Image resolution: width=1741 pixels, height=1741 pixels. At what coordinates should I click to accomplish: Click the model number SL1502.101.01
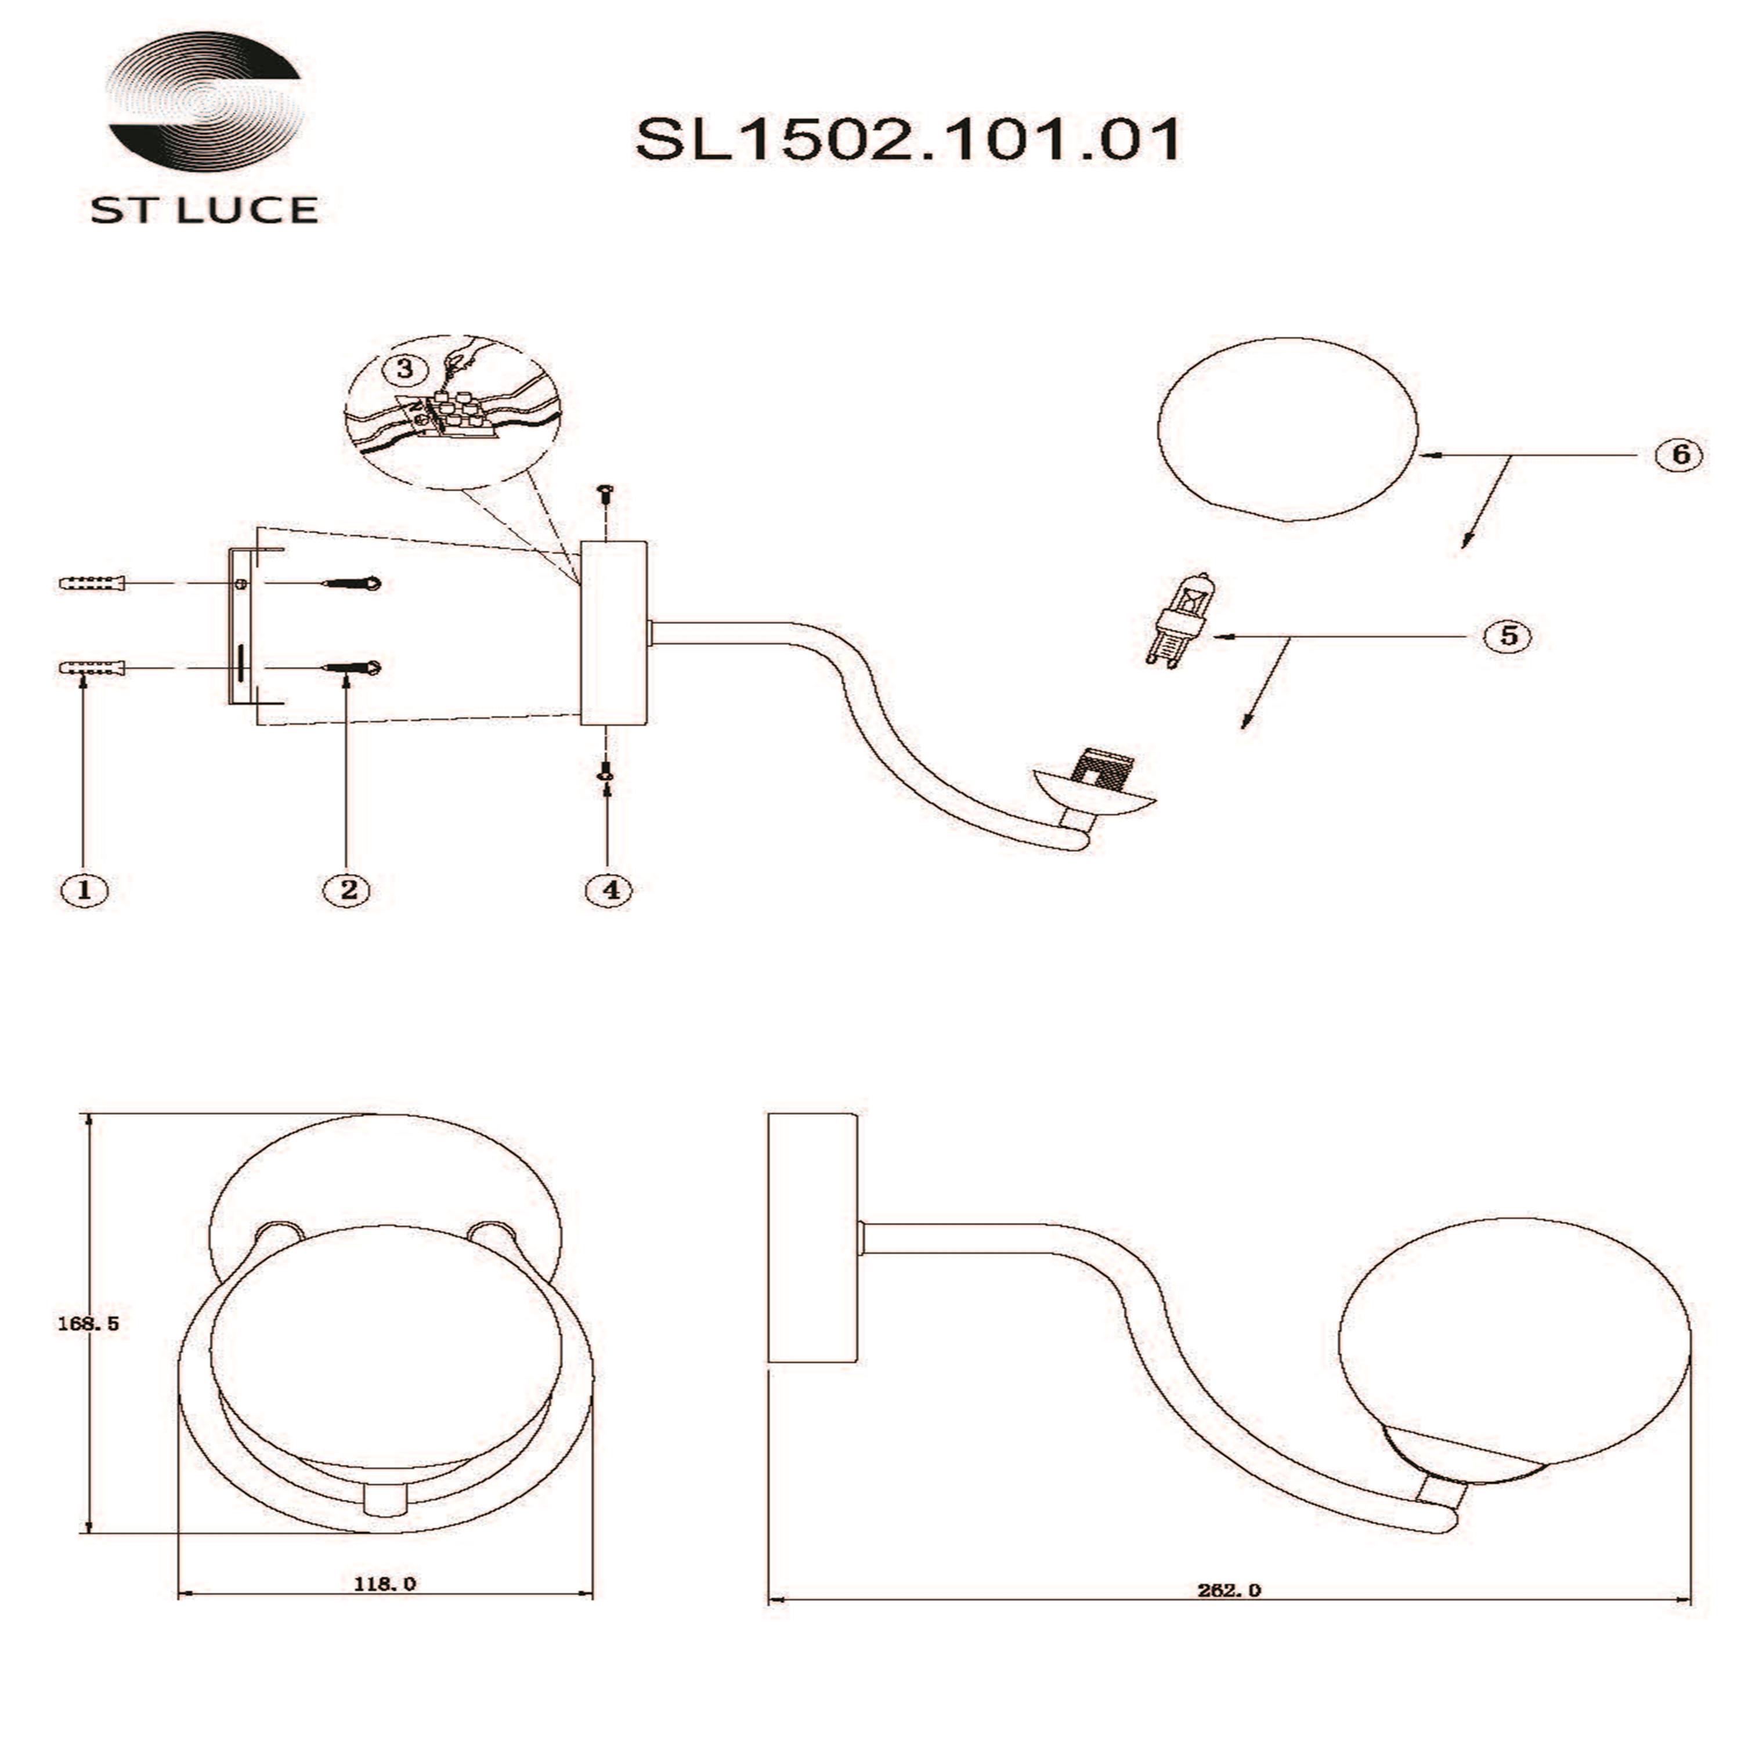pyautogui.click(x=908, y=140)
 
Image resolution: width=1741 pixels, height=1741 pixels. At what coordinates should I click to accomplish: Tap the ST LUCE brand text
pyautogui.click(x=204, y=210)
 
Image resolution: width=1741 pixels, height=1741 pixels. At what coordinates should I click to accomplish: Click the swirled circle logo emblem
pyautogui.click(x=204, y=99)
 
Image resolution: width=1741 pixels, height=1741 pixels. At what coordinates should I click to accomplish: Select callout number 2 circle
pyautogui.click(x=348, y=890)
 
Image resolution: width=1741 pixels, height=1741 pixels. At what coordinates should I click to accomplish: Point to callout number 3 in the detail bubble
pyautogui.click(x=404, y=369)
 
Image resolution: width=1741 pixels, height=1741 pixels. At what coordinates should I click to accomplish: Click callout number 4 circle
pyautogui.click(x=610, y=890)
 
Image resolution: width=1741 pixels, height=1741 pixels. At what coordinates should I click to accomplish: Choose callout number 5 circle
pyautogui.click(x=1508, y=636)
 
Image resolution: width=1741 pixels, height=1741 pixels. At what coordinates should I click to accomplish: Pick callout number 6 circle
pyautogui.click(x=1679, y=454)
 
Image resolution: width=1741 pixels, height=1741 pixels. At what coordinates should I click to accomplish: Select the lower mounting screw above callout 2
pyautogui.click(x=352, y=668)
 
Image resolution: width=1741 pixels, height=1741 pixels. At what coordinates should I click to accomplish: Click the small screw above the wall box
pyautogui.click(x=606, y=492)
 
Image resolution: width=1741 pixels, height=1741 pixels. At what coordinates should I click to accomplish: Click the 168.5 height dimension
pyautogui.click(x=88, y=1324)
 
